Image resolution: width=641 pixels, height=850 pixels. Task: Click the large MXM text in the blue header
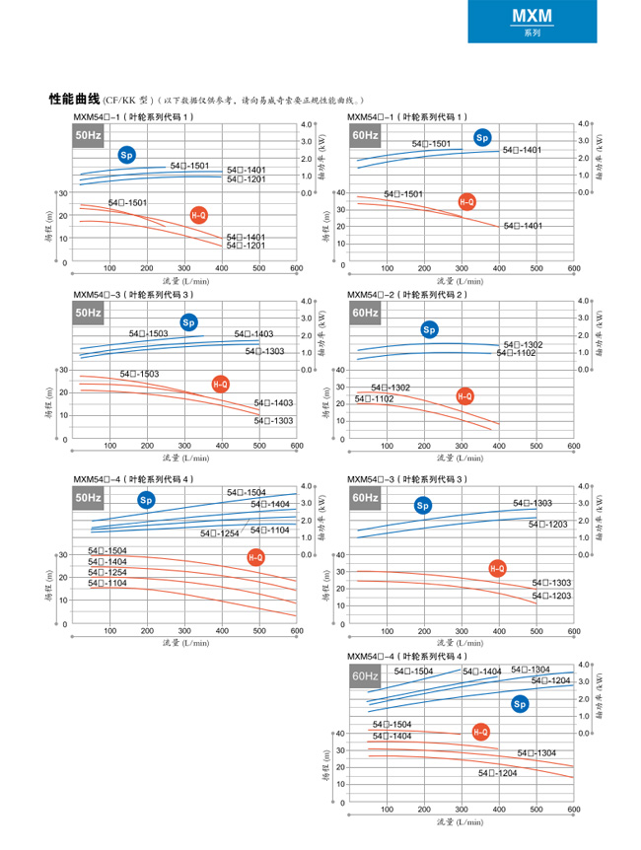coord(532,16)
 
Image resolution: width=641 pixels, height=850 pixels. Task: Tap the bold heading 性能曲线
coord(75,100)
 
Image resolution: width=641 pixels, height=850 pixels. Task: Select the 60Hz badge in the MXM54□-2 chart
coord(364,313)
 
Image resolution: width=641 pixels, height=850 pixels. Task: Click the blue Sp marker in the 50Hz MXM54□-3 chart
coord(188,321)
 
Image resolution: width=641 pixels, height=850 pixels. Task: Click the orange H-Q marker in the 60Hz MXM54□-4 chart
coord(480,732)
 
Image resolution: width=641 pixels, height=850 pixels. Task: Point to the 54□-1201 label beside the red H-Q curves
coord(246,246)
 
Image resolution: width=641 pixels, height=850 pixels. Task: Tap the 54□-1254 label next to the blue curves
coord(220,533)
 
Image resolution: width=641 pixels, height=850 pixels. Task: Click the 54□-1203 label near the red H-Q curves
coord(551,597)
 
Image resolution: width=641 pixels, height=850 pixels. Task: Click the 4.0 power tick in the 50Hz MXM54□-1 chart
coord(306,124)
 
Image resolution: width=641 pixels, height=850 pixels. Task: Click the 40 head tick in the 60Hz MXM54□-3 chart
coord(341,555)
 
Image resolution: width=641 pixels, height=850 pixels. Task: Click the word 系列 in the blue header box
coord(532,33)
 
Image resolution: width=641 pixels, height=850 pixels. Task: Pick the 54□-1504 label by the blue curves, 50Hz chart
coord(246,492)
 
